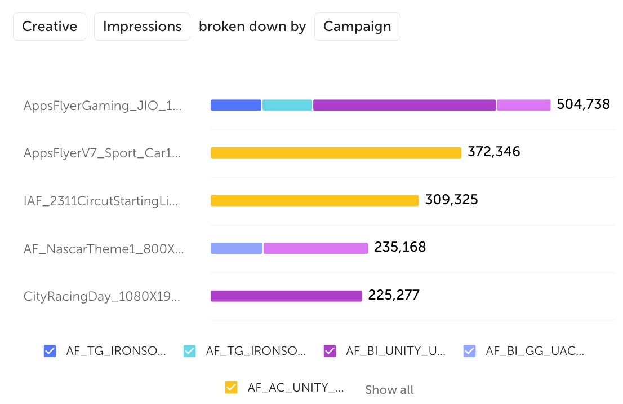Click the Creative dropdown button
pos(50,27)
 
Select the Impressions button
pos(142,27)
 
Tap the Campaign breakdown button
pos(357,27)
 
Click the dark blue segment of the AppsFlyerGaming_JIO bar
pos(236,105)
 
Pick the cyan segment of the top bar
pos(287,105)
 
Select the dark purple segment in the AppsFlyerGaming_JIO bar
pos(404,105)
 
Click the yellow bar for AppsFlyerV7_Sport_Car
pos(336,152)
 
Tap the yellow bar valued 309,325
pos(314,200)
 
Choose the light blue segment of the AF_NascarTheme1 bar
pos(237,248)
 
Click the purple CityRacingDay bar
pos(286,296)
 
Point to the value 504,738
pos(583,104)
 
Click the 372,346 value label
pos(494,152)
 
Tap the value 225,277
pos(394,295)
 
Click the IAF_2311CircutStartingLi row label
pos(101,201)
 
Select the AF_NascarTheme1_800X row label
pos(104,248)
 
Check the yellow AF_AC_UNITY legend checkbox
pos(231,387)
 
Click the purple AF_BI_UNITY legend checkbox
pos(330,351)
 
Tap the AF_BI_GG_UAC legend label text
pos(535,351)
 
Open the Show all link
pos(389,389)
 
